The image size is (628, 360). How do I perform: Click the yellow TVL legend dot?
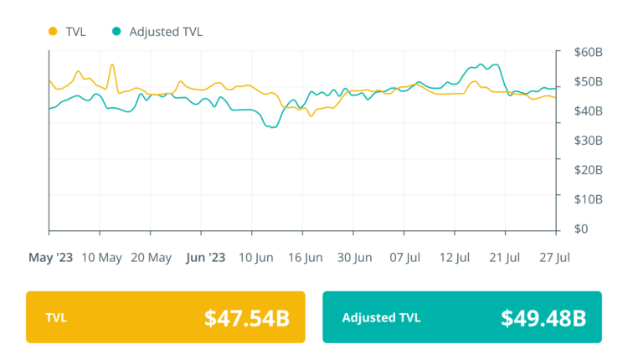pos(52,32)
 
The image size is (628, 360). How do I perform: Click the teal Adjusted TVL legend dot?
pos(116,32)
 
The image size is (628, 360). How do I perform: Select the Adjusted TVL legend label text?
pos(166,32)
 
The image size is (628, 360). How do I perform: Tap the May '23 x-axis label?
pos(51,257)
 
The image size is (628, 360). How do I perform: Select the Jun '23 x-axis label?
pos(204,257)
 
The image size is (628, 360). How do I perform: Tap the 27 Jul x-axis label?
pos(553,257)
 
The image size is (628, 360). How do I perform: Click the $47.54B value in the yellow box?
pos(247,318)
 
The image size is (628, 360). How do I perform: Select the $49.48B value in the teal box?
pos(543,318)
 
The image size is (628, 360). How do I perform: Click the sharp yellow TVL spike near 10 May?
pos(112,64)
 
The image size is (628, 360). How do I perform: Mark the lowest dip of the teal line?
pos(272,127)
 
